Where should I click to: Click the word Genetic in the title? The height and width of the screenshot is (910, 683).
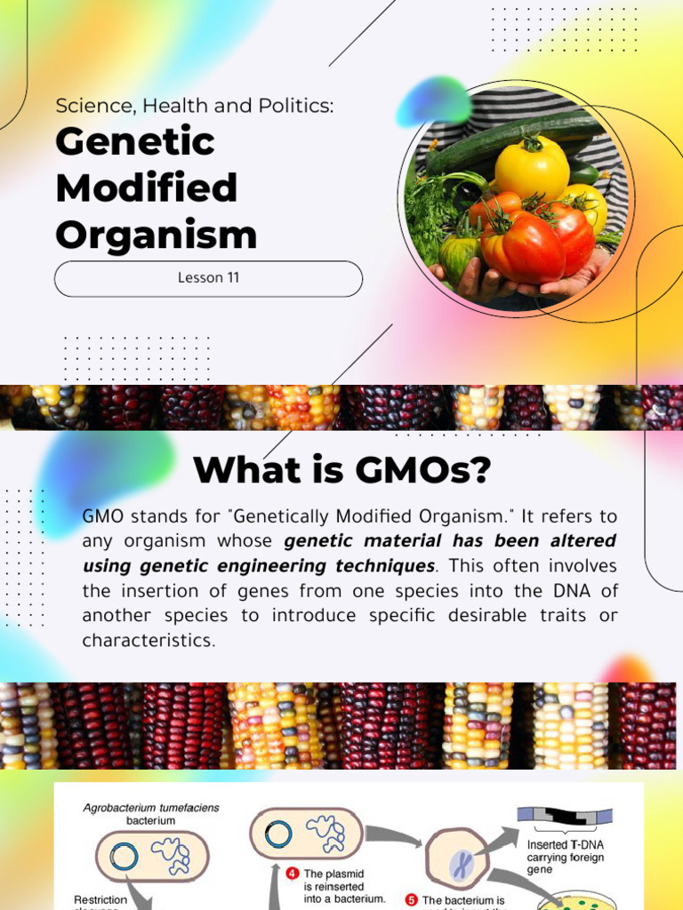click(x=135, y=142)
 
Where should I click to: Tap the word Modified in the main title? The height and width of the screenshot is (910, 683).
click(x=146, y=188)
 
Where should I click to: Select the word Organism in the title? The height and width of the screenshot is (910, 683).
click(x=156, y=235)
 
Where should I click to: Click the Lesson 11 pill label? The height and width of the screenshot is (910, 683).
click(x=208, y=278)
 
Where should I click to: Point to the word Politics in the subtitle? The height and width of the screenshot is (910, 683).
click(x=294, y=106)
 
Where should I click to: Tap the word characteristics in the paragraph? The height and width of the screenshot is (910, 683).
click(x=149, y=641)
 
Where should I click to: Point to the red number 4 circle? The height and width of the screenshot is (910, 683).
click(x=292, y=874)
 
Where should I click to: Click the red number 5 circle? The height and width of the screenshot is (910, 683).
click(x=411, y=900)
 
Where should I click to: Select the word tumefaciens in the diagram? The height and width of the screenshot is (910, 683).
click(x=181, y=808)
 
